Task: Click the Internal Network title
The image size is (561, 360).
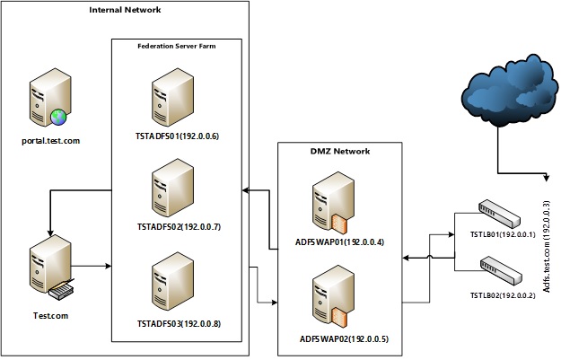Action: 124,10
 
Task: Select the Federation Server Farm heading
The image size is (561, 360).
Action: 176,46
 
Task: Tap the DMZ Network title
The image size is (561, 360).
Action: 332,151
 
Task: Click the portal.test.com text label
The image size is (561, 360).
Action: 52,140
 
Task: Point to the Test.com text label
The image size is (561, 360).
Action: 50,314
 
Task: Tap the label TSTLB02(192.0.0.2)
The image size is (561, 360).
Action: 502,294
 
